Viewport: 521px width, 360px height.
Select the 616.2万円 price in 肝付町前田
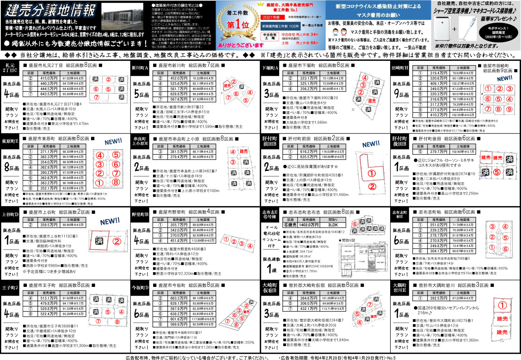pos(307,151)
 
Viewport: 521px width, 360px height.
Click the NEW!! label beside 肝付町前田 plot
pos(371,144)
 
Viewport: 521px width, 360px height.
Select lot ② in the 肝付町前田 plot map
pos(371,187)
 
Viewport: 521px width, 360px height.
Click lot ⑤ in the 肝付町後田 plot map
pos(496,172)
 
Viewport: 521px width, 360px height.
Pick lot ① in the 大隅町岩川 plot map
pos(502,305)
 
